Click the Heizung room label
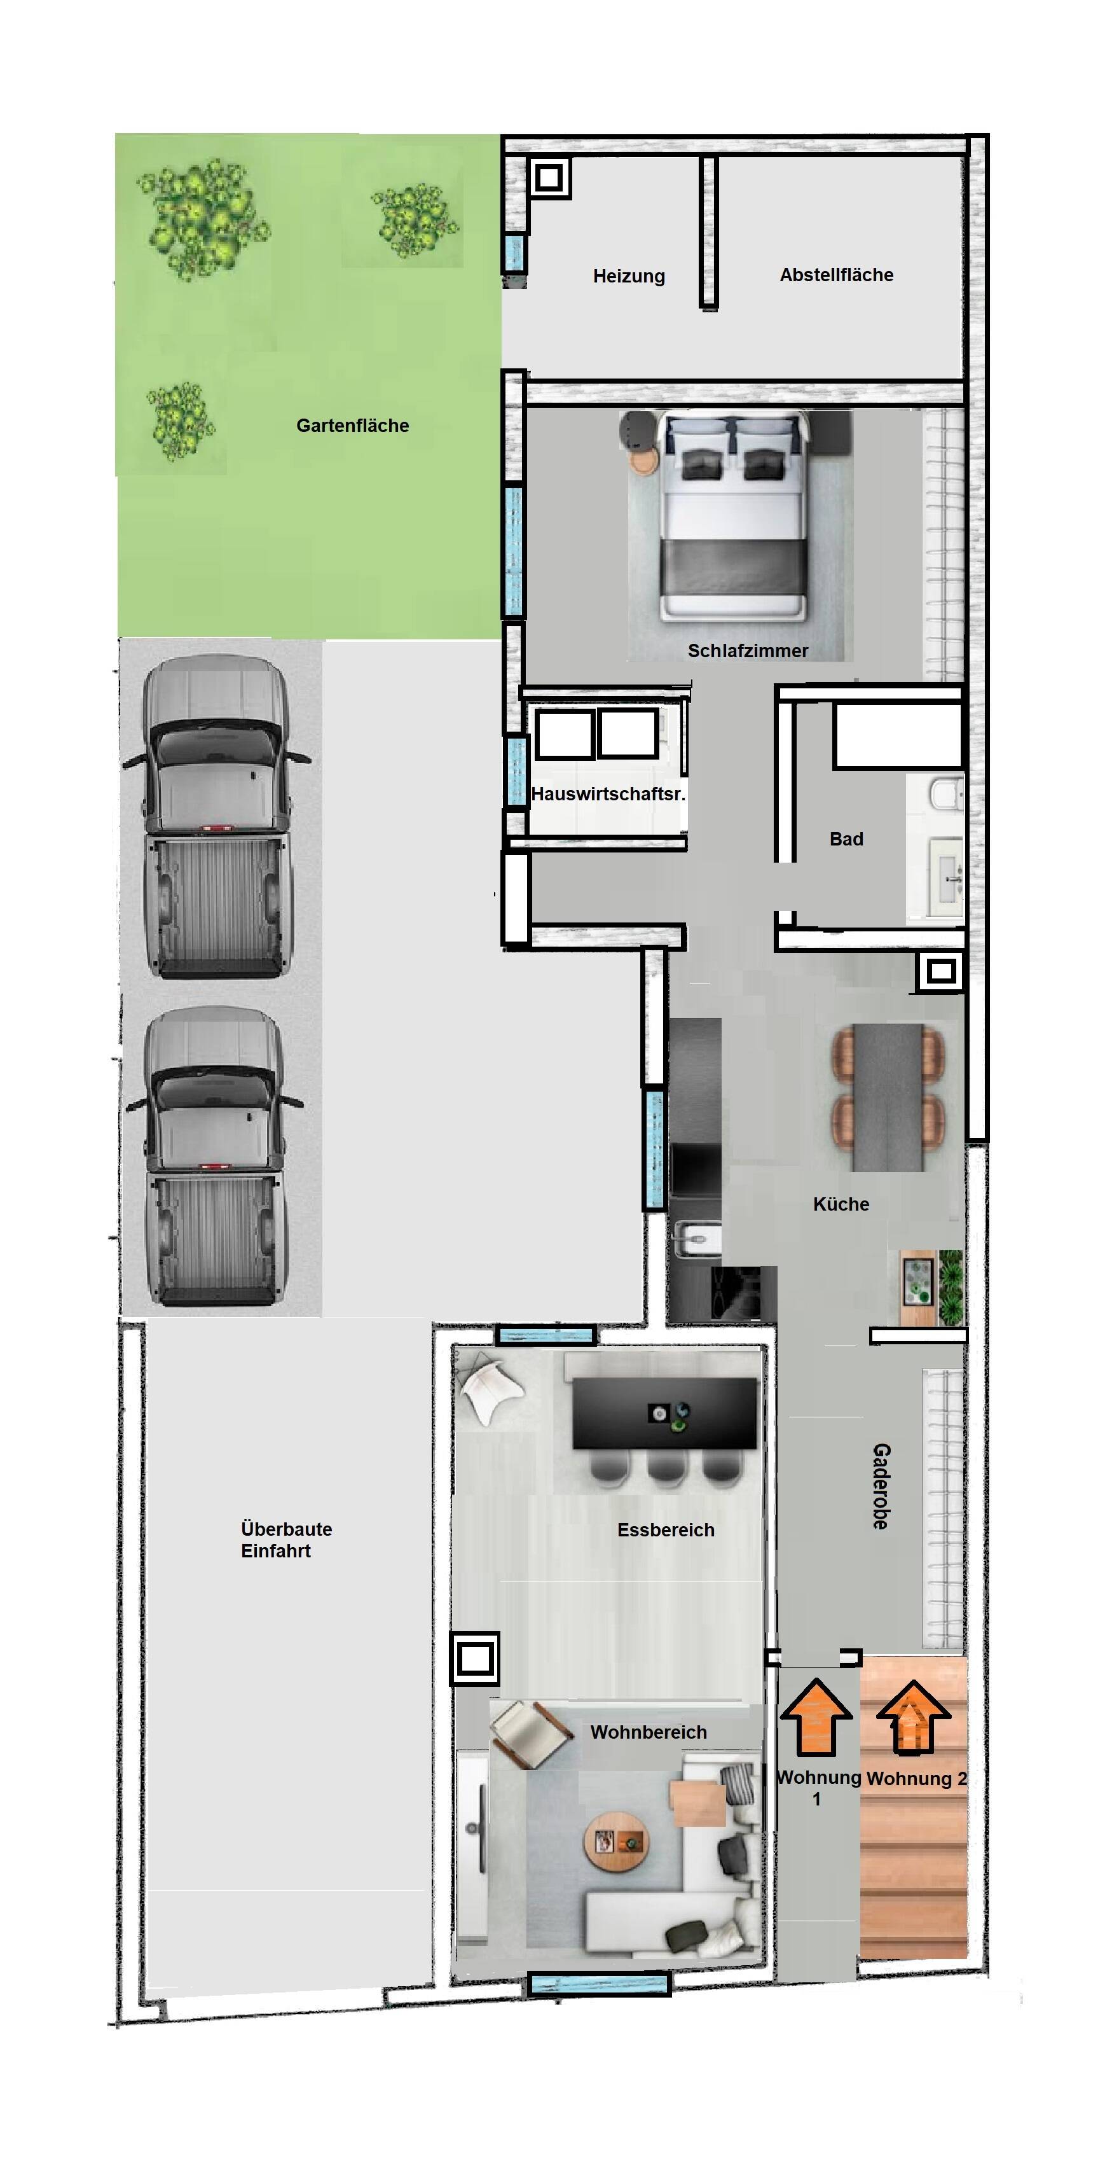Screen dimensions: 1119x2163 tap(629, 276)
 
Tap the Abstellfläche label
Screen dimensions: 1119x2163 tap(836, 275)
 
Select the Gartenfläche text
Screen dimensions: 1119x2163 tap(353, 426)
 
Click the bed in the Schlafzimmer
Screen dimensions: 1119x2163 tap(734, 514)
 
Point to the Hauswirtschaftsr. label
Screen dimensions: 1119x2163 tap(608, 793)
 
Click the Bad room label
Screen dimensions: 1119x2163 tap(846, 839)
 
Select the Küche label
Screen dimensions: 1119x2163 tap(841, 1204)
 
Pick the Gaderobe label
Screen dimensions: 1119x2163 tap(881, 1486)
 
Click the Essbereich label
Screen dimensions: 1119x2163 tap(666, 1530)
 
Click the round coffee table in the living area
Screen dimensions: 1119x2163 tap(616, 1842)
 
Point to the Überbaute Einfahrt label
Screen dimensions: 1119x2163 tap(286, 1540)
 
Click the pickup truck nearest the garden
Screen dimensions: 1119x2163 tap(217, 818)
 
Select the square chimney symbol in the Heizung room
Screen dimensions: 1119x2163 tap(549, 178)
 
